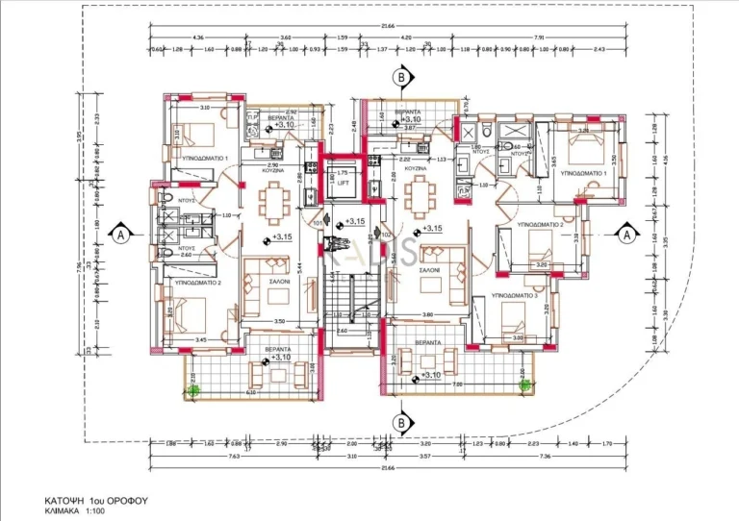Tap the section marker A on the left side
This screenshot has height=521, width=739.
pyautogui.click(x=120, y=233)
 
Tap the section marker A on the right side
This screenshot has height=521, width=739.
pyautogui.click(x=625, y=233)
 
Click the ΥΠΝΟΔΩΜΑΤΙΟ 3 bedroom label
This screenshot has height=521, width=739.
pyautogui.click(x=513, y=295)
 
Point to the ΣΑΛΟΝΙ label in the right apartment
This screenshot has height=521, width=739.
pyautogui.click(x=429, y=271)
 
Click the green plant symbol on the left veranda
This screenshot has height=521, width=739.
pyautogui.click(x=193, y=389)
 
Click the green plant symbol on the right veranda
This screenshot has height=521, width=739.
pyautogui.click(x=524, y=385)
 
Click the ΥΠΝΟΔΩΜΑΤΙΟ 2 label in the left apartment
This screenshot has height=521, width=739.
pyautogui.click(x=192, y=284)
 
